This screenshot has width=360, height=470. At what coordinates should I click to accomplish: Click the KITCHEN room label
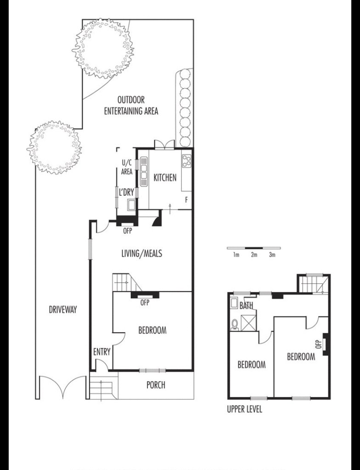(165, 177)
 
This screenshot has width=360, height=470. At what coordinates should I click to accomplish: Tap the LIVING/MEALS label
(142, 254)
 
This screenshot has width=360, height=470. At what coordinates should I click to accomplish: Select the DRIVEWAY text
(63, 310)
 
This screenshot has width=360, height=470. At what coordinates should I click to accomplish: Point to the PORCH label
(156, 385)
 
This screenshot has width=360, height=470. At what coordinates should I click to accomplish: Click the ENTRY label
(102, 352)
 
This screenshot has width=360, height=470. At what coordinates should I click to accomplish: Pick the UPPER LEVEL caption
(244, 409)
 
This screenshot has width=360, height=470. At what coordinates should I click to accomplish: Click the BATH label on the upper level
(246, 306)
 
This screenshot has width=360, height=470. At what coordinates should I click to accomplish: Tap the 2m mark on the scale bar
(254, 255)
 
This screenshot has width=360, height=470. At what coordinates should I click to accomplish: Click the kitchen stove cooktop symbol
(186, 161)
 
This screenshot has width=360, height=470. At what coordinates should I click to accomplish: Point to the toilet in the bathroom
(235, 324)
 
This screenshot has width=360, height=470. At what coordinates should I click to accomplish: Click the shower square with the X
(248, 323)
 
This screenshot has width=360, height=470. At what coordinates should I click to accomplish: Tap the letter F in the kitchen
(186, 200)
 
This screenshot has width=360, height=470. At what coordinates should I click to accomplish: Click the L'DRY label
(126, 193)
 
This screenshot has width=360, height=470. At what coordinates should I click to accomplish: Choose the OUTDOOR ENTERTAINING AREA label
(131, 105)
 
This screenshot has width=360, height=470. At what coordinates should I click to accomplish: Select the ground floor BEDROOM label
(152, 330)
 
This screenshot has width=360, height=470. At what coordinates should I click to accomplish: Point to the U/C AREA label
(127, 167)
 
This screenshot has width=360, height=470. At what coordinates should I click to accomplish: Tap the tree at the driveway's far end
(55, 147)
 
